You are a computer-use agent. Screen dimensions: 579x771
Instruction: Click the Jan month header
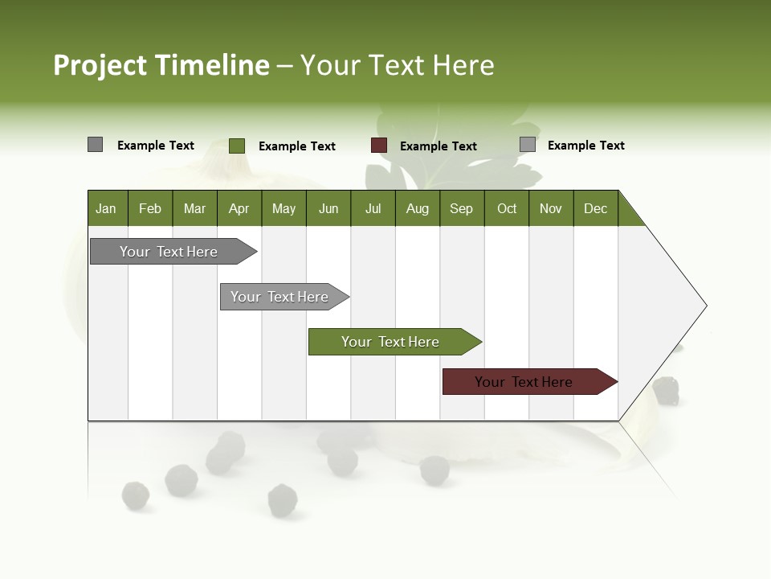pyautogui.click(x=107, y=208)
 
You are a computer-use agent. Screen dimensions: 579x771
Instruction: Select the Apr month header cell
pyautogui.click(x=239, y=208)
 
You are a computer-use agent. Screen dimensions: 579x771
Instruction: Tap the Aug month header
pyautogui.click(x=418, y=208)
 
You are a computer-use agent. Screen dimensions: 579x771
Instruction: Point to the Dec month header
pyautogui.click(x=595, y=208)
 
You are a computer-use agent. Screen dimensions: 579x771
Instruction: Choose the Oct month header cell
pyautogui.click(x=507, y=208)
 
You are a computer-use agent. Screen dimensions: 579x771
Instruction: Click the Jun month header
pyautogui.click(x=328, y=208)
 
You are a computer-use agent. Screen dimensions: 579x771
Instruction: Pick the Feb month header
pyautogui.click(x=150, y=208)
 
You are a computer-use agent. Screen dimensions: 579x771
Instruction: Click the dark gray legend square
pyautogui.click(x=95, y=145)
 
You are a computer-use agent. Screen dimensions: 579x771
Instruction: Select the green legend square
pyautogui.click(x=236, y=146)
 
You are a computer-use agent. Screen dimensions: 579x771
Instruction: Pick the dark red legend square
pyautogui.click(x=378, y=146)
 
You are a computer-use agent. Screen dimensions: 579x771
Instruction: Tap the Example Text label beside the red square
pyautogui.click(x=439, y=146)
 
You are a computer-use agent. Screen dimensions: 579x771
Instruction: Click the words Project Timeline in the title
pyautogui.click(x=161, y=65)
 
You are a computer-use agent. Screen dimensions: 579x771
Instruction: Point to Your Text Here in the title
pyautogui.click(x=397, y=65)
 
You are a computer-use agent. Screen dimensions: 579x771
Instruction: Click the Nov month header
pyautogui.click(x=551, y=208)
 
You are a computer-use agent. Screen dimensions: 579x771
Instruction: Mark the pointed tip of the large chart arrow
pyautogui.click(x=705, y=306)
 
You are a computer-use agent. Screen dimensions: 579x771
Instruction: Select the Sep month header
pyautogui.click(x=462, y=208)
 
